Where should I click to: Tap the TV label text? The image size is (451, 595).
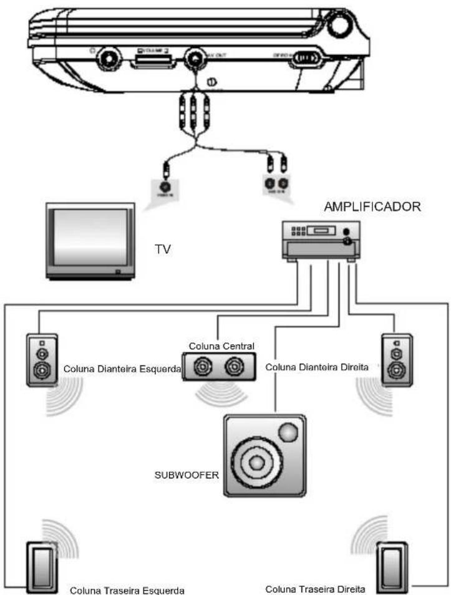(x=162, y=249)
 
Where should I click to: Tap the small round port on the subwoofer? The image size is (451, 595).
(x=288, y=432)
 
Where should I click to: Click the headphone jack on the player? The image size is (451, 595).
(x=110, y=60)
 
